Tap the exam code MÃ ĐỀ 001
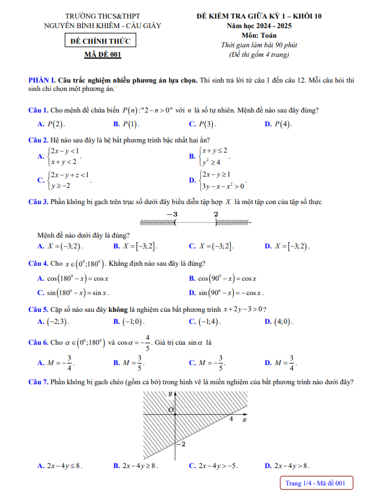pyautogui.click(x=102, y=56)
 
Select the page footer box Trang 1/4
pyautogui.click(x=316, y=483)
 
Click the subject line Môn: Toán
pyautogui.click(x=259, y=35)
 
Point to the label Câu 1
pyautogui.click(x=38, y=110)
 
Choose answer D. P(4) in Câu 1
pyautogui.click(x=278, y=124)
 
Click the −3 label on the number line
pyautogui.click(x=172, y=214)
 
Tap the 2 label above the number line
pyautogui.click(x=216, y=214)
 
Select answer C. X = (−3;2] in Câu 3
pyautogui.click(x=211, y=246)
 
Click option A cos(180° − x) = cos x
pyautogui.click(x=72, y=278)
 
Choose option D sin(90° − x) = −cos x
pyautogui.click(x=227, y=293)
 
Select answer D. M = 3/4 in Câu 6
pyautogui.click(x=280, y=362)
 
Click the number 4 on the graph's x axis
pyautogui.click(x=231, y=419)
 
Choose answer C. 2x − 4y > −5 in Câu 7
pyautogui.click(x=213, y=465)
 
